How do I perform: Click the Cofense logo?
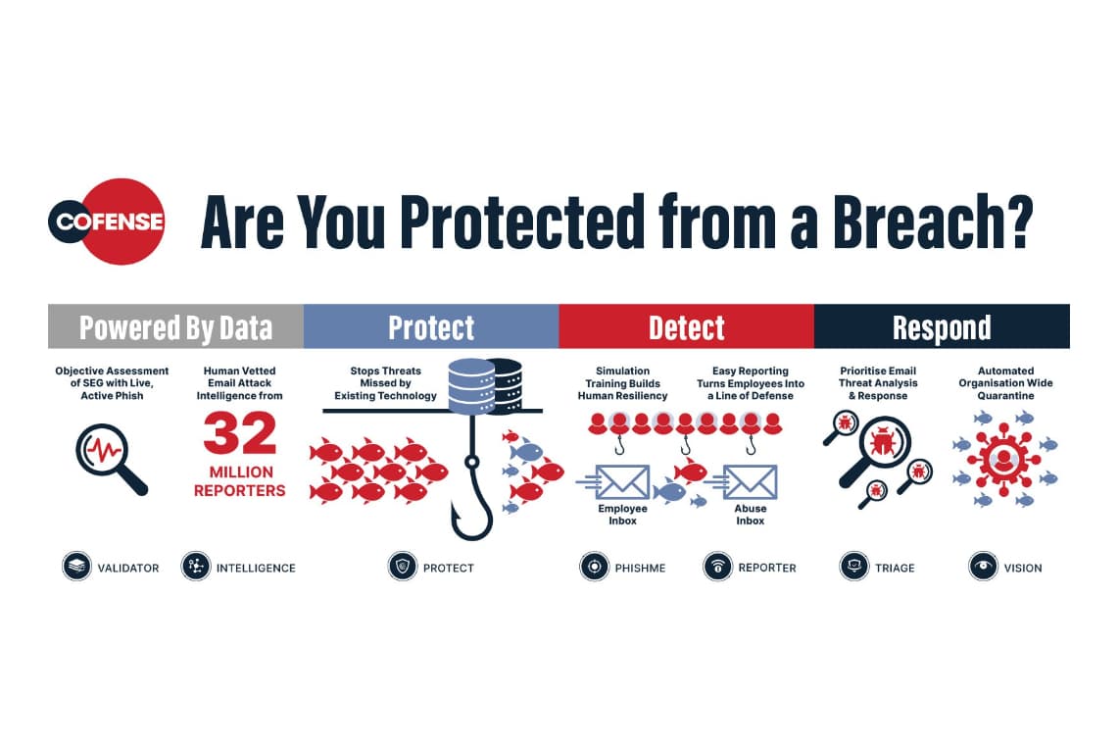(x=107, y=222)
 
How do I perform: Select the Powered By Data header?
(x=175, y=326)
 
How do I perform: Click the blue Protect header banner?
(x=431, y=326)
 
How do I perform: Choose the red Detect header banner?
(x=687, y=326)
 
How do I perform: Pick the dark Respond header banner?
(x=942, y=326)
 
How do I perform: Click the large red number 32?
(x=240, y=434)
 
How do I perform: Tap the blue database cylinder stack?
(x=471, y=386)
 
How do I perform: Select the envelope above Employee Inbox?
(x=621, y=482)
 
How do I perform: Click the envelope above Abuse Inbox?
(x=750, y=482)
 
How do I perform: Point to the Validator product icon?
(x=76, y=567)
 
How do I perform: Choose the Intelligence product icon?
(x=196, y=567)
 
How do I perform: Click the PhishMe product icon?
(x=594, y=567)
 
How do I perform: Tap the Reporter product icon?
(x=718, y=567)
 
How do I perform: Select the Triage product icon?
(x=854, y=567)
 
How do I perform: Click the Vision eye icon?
(x=983, y=567)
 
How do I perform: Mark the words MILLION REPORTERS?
(x=240, y=481)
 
